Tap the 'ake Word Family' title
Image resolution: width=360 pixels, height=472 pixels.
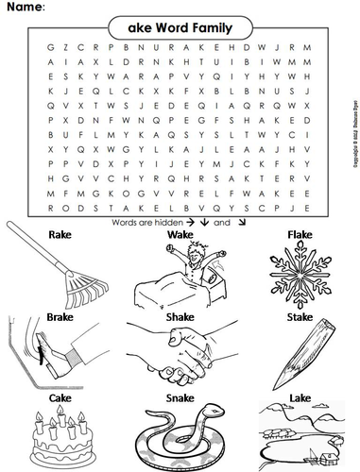pos(180,28)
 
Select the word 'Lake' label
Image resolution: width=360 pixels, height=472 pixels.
pos(299,401)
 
